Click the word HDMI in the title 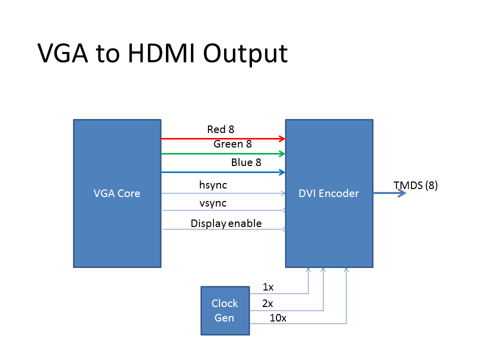pyautogui.click(x=161, y=53)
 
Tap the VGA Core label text pyautogui.click(x=117, y=193)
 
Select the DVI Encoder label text pyautogui.click(x=329, y=193)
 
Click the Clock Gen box pyautogui.click(x=225, y=310)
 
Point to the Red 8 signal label pyautogui.click(x=220, y=129)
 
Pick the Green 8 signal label pyautogui.click(x=232, y=144)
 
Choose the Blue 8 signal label pyautogui.click(x=246, y=162)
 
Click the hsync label pyautogui.click(x=213, y=185)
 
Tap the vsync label pyautogui.click(x=213, y=203)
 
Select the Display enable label pyautogui.click(x=226, y=223)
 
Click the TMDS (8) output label pyautogui.click(x=415, y=185)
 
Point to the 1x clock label pyautogui.click(x=268, y=287)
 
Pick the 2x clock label pyautogui.click(x=267, y=303)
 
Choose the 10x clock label pyautogui.click(x=278, y=318)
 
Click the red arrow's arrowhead pyautogui.click(x=282, y=138)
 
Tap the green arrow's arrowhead pyautogui.click(x=282, y=153)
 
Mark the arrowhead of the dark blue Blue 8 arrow pyautogui.click(x=282, y=172)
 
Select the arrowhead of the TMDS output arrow pyautogui.click(x=401, y=193)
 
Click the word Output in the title pyautogui.click(x=245, y=54)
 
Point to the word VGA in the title pyautogui.click(x=63, y=53)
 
